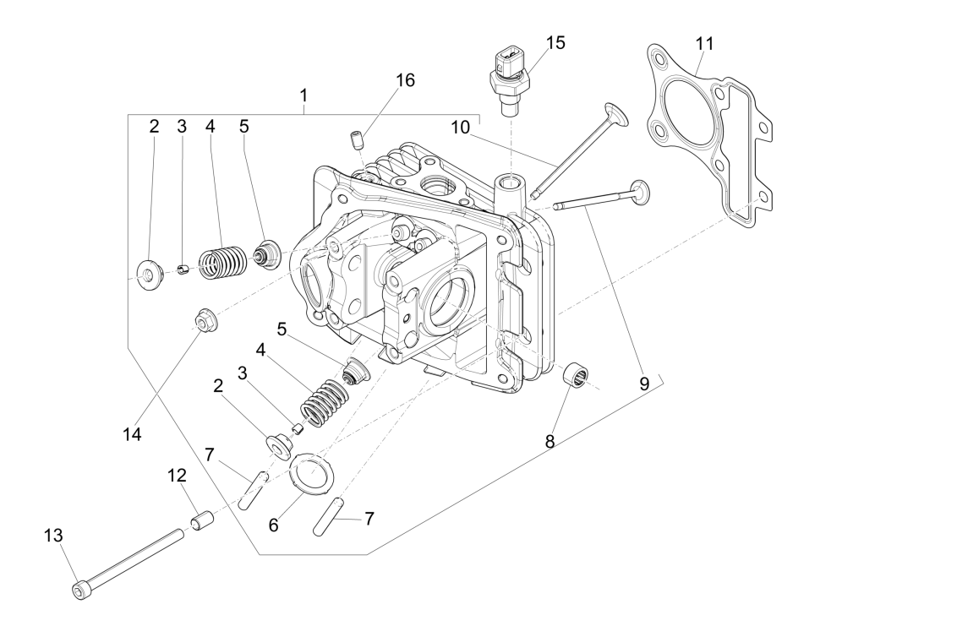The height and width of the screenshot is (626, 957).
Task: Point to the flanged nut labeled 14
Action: point(204,321)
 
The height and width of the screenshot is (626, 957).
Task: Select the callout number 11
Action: point(705,42)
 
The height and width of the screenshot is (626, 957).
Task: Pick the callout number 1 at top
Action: point(303,95)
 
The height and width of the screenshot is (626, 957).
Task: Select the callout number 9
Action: point(643,384)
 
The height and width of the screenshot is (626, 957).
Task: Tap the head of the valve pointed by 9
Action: point(640,192)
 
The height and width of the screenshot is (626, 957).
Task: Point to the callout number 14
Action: point(130,434)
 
